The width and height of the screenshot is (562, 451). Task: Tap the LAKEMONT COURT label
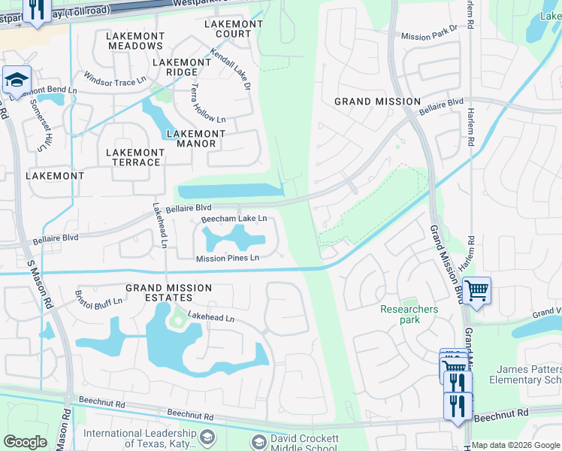[x=234, y=29]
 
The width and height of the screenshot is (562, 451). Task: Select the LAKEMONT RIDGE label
[x=182, y=67]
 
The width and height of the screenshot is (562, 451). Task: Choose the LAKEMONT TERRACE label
[x=135, y=157]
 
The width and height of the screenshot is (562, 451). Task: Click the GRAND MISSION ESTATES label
[x=168, y=293]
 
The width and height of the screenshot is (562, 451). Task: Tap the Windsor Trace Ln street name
[x=114, y=79]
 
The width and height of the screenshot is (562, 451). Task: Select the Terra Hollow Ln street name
[x=197, y=104]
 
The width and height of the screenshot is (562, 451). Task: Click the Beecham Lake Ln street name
[x=233, y=219]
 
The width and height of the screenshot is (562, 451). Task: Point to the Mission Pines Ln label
[x=227, y=258]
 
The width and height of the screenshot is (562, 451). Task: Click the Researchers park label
[x=409, y=314]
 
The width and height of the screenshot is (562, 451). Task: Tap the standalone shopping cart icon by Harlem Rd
[x=477, y=289]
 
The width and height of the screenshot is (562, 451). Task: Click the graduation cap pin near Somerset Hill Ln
[x=17, y=78]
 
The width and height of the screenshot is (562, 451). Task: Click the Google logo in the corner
[x=25, y=441]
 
